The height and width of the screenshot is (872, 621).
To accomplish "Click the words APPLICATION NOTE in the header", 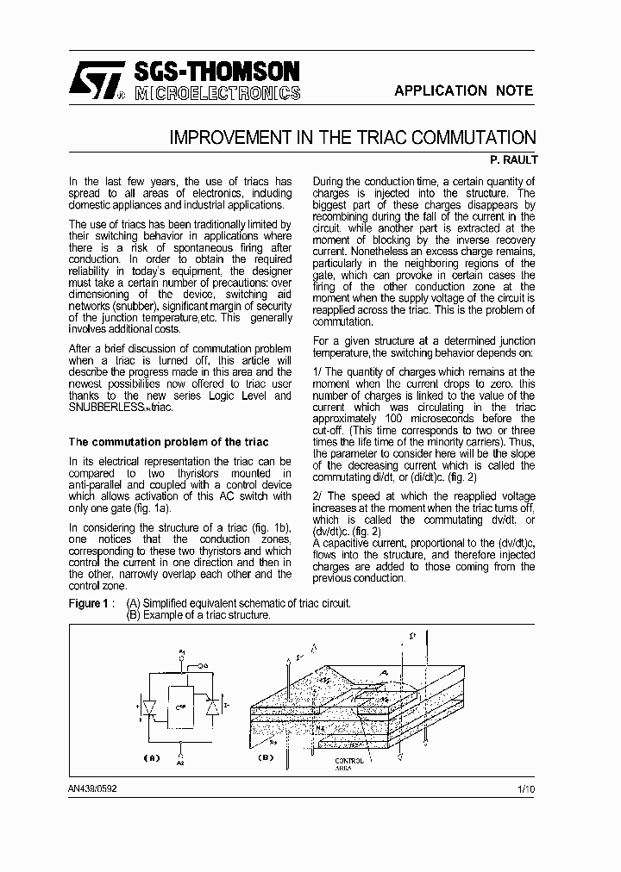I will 463,90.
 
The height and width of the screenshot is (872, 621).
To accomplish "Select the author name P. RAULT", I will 513,159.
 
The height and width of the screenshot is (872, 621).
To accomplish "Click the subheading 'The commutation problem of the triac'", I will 168,442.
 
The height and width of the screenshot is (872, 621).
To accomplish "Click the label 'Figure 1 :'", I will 91,603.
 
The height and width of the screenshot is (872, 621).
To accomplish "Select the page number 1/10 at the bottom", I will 526,788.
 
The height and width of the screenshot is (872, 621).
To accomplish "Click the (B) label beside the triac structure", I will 265,757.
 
